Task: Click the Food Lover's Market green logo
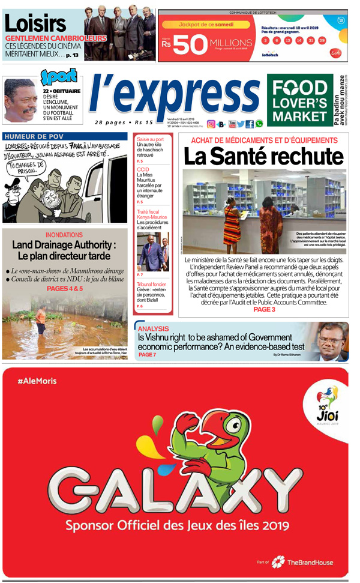click(x=299, y=100)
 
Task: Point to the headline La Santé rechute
click(x=263, y=156)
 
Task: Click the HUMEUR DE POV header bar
click(x=65, y=136)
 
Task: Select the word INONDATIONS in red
click(x=64, y=235)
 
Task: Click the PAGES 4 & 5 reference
click(x=65, y=289)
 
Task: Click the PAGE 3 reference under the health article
click(x=264, y=310)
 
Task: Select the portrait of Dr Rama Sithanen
click(x=332, y=341)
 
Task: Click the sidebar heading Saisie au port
click(x=151, y=139)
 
